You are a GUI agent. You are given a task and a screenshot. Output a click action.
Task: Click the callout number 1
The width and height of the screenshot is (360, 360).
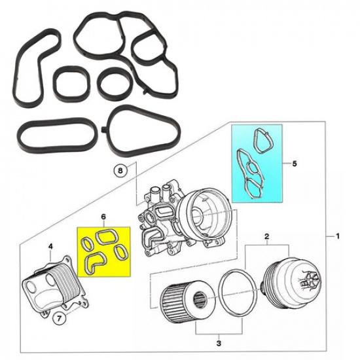click(338, 236)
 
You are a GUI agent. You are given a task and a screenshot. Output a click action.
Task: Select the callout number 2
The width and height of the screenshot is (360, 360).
click(267, 234)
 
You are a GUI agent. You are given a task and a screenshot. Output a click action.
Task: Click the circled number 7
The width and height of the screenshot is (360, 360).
click(59, 319)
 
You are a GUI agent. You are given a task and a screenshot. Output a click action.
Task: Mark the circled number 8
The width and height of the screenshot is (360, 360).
click(119, 171)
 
